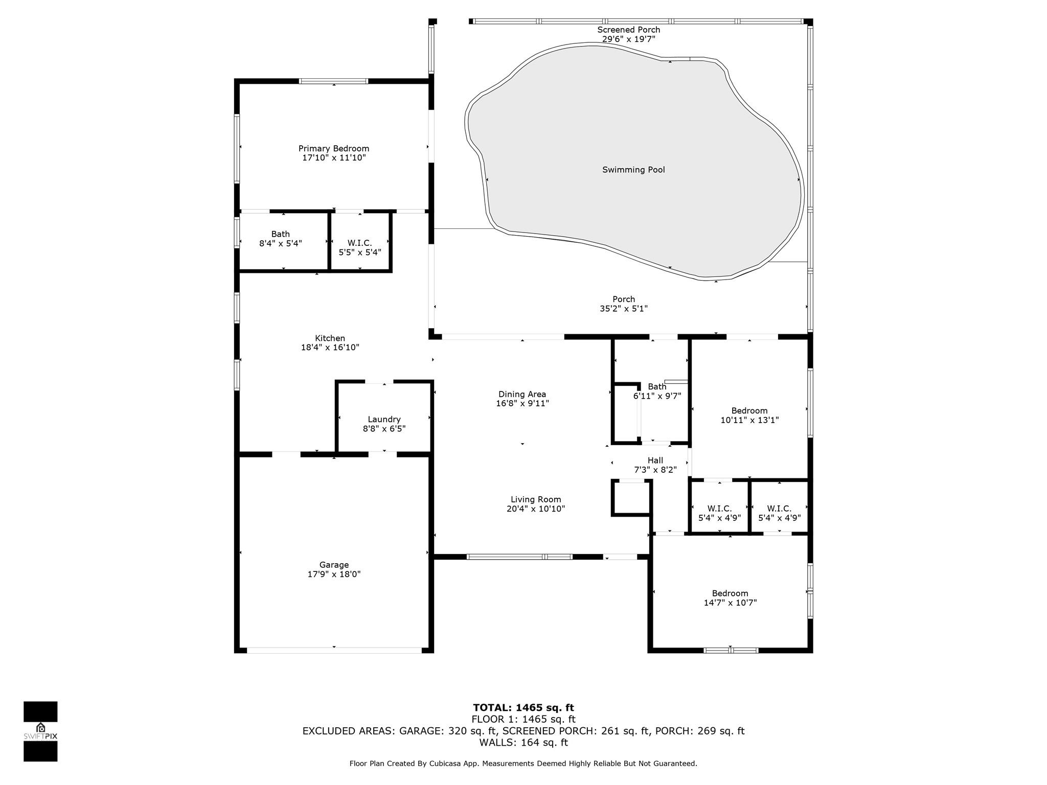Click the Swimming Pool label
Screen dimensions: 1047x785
633,170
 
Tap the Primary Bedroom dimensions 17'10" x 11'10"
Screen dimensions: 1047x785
334,158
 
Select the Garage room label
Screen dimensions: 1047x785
334,565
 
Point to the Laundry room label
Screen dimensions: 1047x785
384,420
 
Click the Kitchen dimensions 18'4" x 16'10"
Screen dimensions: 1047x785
330,348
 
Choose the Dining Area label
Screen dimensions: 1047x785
522,394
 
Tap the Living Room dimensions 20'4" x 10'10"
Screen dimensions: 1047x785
536,509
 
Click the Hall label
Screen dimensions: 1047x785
655,460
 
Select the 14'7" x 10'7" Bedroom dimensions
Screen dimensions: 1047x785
730,603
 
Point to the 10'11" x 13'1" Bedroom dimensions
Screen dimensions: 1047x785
749,420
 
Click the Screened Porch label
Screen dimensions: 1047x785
629,30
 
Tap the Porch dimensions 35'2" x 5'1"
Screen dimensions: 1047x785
624,309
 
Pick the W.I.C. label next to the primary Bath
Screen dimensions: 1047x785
360,243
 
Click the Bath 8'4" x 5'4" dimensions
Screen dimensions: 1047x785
281,244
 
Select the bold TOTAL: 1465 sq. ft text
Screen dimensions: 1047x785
523,708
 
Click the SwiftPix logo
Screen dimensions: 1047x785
40,731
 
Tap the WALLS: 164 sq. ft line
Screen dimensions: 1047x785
523,743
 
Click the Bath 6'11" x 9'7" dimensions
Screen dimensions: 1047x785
657,396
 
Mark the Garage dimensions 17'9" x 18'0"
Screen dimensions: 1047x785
334,574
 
